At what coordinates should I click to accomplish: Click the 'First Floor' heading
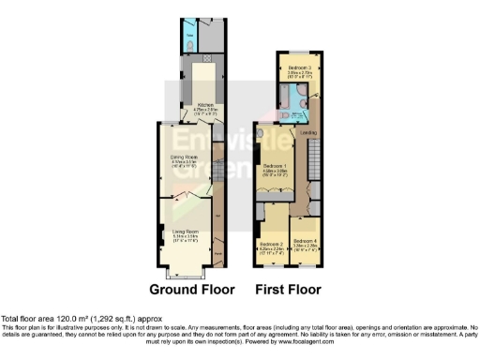pyautogui.click(x=289, y=289)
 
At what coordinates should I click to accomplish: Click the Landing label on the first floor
pyautogui.click(x=307, y=132)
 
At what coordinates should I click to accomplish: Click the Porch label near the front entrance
pyautogui.click(x=217, y=251)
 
